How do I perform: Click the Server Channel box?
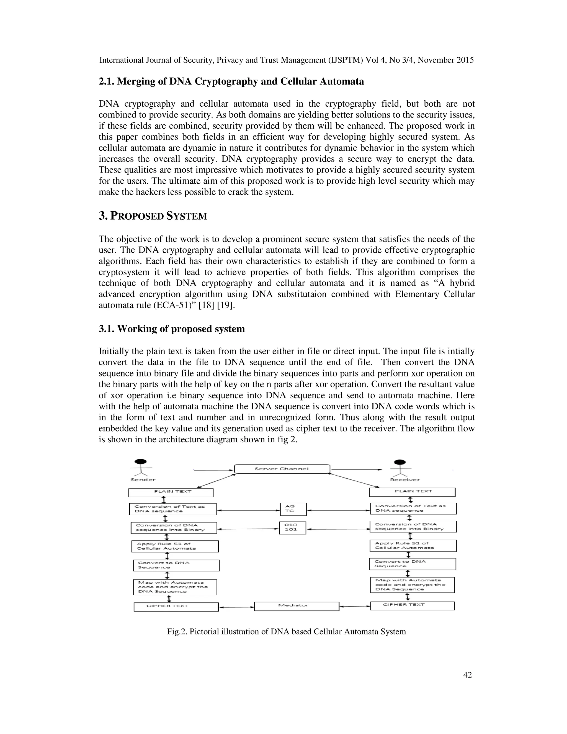click(x=282, y=469)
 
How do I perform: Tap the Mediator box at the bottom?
click(x=297, y=605)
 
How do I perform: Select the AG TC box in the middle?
click(x=293, y=509)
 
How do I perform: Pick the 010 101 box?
click(x=292, y=528)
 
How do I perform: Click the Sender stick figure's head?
click(x=140, y=461)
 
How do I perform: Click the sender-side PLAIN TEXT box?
click(x=171, y=492)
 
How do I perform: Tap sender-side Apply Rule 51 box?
click(x=175, y=546)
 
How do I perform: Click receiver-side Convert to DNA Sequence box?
click(x=412, y=564)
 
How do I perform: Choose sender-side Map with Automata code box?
click(x=175, y=587)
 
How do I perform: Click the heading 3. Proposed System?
click(x=153, y=216)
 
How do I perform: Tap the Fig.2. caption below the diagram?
click(x=286, y=632)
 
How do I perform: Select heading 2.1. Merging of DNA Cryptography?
click(x=231, y=81)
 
